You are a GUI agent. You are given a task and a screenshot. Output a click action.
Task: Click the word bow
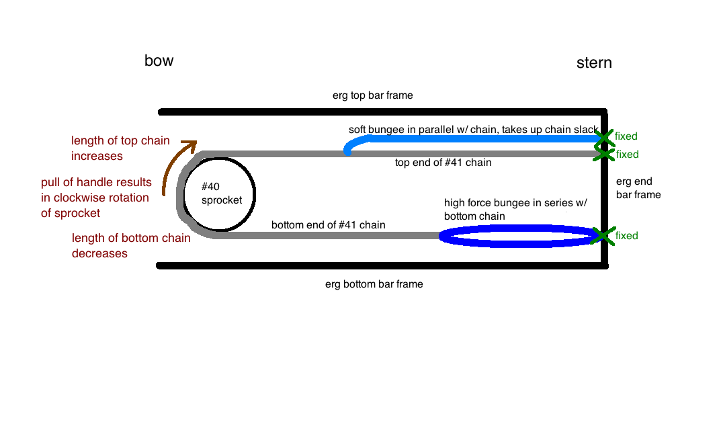159,60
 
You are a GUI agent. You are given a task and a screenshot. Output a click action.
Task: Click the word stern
594,62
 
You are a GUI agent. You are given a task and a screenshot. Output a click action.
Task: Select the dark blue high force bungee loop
517,226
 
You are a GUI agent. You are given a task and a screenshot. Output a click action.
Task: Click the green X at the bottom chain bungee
602,236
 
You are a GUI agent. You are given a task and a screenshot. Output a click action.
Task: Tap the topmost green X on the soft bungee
604,137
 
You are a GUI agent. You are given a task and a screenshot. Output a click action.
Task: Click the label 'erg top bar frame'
372,95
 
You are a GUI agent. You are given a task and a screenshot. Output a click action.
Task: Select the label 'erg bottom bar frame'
374,284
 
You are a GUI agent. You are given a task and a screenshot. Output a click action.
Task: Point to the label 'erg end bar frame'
638,188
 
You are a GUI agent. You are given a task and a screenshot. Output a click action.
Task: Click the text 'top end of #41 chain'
443,163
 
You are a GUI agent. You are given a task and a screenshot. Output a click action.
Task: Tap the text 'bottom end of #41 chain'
329,225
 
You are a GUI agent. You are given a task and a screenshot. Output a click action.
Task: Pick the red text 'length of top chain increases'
120,148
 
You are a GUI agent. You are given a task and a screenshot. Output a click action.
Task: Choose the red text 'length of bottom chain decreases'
131,245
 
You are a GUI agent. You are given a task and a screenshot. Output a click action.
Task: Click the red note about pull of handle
96,198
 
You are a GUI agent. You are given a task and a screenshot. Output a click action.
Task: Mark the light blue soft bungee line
474,138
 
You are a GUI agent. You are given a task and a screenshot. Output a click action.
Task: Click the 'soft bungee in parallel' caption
474,130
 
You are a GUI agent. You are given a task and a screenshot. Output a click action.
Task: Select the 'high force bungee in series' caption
515,210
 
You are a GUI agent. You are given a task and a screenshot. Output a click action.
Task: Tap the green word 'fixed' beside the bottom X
627,236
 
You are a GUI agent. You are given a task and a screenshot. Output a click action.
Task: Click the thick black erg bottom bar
382,265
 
